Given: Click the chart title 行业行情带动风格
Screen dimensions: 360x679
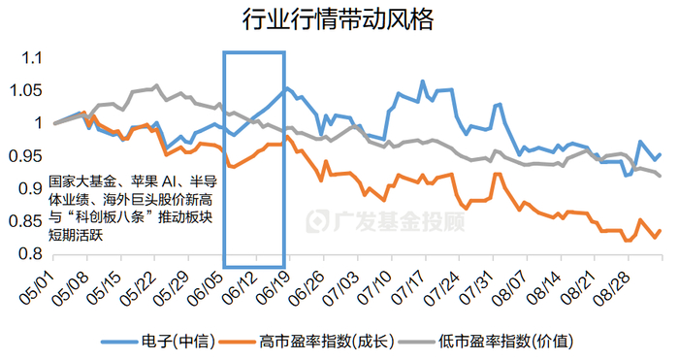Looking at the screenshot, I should point(339,18).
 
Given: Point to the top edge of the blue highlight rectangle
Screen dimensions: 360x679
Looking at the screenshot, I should point(254,53).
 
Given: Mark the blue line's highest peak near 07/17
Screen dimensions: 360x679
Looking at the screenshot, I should point(422,82).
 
